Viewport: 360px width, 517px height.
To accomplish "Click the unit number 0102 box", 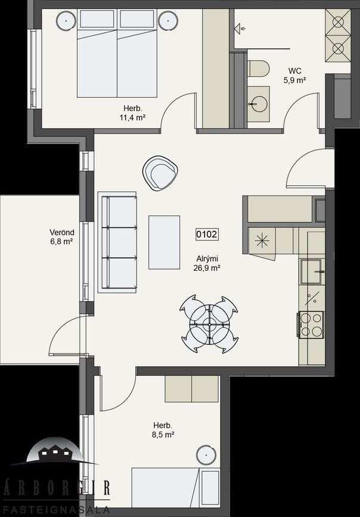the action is [207, 234].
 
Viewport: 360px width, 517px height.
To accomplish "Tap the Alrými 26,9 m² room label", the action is [207, 264].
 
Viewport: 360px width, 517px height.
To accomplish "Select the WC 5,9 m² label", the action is [294, 76].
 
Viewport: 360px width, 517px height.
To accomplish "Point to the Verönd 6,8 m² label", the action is [61, 237].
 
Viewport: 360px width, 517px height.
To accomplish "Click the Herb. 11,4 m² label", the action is [133, 113].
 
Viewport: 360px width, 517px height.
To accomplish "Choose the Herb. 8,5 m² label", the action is [163, 430].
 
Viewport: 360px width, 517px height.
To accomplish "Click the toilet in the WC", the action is [259, 68].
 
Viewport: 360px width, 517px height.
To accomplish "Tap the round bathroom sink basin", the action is [259, 104].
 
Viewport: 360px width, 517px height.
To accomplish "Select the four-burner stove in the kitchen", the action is [311, 325].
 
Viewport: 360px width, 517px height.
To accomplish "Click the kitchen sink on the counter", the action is [312, 271].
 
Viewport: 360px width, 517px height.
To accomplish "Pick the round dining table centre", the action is [209, 324].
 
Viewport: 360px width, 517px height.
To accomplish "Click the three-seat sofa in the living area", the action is [117, 242].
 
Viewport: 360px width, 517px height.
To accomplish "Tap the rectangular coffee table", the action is [164, 242].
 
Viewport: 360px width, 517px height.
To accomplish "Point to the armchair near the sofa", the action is [160, 173].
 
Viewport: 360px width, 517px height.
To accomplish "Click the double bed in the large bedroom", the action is [117, 53].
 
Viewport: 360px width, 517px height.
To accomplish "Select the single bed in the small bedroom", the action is [176, 487].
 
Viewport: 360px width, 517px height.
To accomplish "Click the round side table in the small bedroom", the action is [206, 455].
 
